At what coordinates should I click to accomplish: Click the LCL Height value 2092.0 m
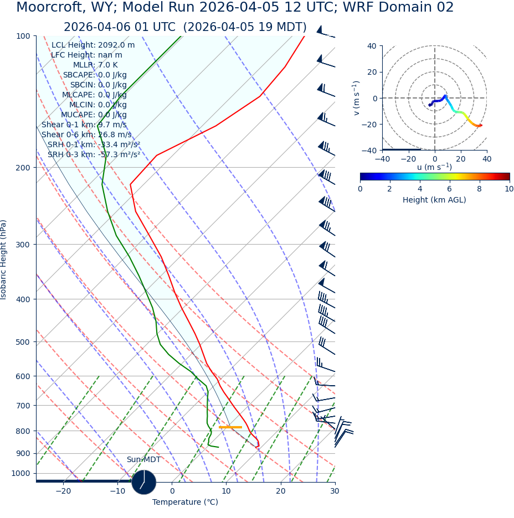[116, 45]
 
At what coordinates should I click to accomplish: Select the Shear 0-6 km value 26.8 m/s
[115, 135]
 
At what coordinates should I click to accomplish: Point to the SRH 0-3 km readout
[94, 155]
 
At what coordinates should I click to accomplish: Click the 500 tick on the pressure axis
[23, 342]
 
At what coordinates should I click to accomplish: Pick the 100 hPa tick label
[23, 36]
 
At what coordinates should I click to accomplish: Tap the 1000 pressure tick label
[20, 473]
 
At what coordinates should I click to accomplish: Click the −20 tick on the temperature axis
[63, 491]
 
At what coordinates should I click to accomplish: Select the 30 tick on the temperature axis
[335, 491]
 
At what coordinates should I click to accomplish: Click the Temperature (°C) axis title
[185, 503]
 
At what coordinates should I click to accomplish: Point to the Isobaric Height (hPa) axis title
[4, 260]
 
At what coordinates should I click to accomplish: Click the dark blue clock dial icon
[144, 482]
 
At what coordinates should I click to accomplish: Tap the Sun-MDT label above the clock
[143, 460]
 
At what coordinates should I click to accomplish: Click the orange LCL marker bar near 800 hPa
[230, 427]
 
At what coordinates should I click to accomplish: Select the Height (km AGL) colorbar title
[434, 200]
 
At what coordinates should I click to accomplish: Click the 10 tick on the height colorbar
[509, 189]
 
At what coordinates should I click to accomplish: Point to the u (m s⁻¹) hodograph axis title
[434, 167]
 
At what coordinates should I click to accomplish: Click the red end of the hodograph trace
[480, 125]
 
